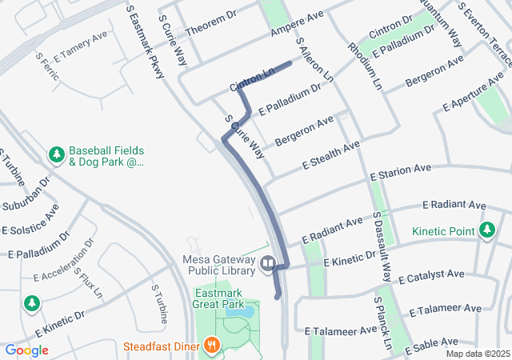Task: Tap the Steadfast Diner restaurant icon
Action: tap(212, 346)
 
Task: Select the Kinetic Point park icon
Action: tap(487, 231)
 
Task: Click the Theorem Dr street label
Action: tap(211, 23)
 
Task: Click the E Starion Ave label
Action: tap(400, 172)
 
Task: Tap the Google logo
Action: tap(26, 350)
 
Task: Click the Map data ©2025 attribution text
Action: tap(478, 354)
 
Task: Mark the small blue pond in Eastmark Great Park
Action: tap(246, 310)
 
